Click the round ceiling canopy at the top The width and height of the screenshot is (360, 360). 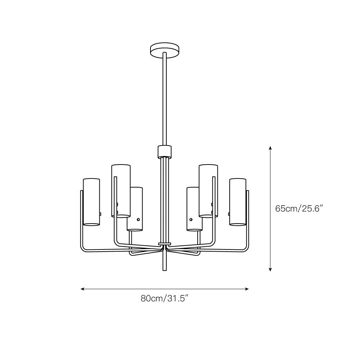pyautogui.click(x=165, y=49)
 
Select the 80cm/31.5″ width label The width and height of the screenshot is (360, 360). pyautogui.click(x=165, y=298)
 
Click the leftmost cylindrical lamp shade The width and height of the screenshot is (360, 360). pyautogui.click(x=91, y=202)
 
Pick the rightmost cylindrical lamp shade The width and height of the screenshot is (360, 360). pyautogui.click(x=238, y=202)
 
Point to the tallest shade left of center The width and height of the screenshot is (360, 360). pyautogui.click(x=121, y=191)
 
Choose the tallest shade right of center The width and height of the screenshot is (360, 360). pyautogui.click(x=208, y=191)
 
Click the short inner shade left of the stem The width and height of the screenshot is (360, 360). pyautogui.click(x=135, y=209)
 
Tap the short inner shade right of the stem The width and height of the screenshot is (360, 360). pyautogui.click(x=194, y=209)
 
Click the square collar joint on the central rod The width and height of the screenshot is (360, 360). pyautogui.click(x=165, y=152)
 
